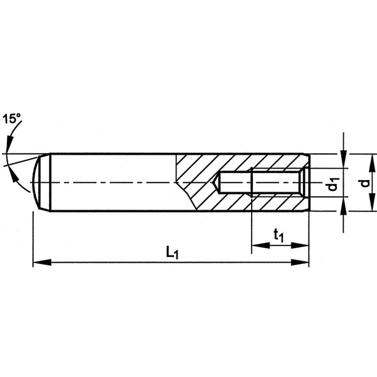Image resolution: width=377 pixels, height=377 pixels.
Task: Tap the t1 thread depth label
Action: pos(279,236)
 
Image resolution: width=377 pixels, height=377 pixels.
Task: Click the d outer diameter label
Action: pos(364,183)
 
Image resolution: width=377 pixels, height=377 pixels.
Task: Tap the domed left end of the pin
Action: pos(40,183)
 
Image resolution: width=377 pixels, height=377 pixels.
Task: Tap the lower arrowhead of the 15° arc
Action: pos(26,188)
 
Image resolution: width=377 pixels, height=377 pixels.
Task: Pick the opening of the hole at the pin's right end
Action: pos(306,183)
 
